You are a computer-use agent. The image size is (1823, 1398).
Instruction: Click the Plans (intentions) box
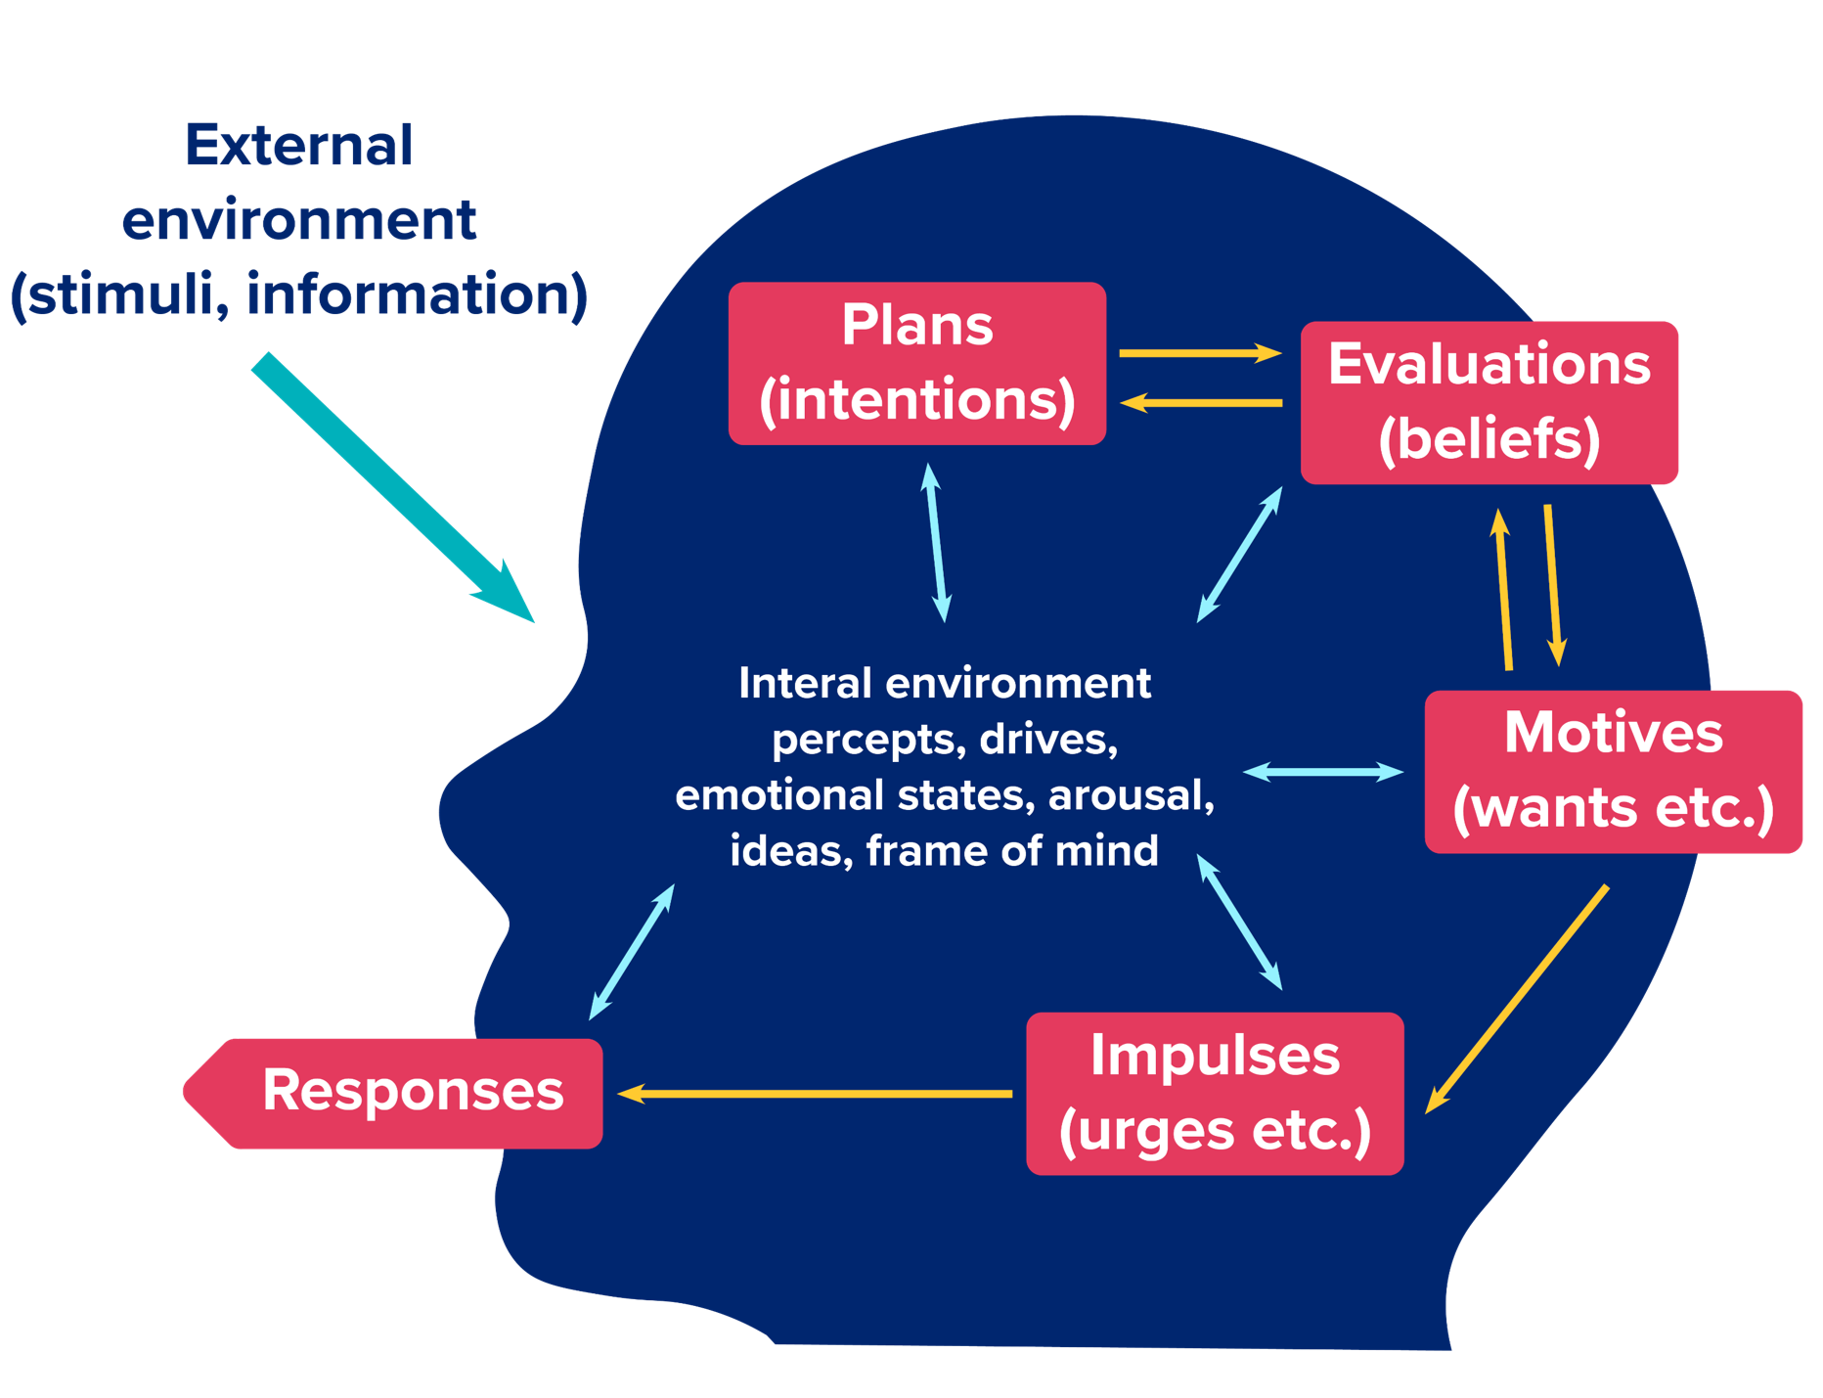click(x=916, y=363)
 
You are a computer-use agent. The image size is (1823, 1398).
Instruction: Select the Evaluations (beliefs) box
click(x=1489, y=402)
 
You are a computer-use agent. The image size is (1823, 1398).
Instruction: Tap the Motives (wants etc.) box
click(x=1613, y=771)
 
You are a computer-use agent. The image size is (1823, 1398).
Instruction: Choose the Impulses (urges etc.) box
click(x=1215, y=1093)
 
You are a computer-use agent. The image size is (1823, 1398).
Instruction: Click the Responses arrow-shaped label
click(x=401, y=1092)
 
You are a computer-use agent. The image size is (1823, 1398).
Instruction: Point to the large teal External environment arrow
click(x=391, y=486)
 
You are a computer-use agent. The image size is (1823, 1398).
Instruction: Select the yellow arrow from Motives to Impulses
click(x=1516, y=1000)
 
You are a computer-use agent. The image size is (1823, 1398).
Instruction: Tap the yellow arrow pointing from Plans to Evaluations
click(x=1200, y=353)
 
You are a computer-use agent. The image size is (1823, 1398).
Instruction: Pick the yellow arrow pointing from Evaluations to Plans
click(x=1200, y=402)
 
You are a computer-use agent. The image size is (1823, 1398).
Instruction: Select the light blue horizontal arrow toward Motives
click(x=1322, y=772)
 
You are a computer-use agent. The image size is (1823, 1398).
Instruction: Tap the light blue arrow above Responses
click(x=632, y=952)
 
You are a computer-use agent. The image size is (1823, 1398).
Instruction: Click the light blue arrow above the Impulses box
click(x=1239, y=923)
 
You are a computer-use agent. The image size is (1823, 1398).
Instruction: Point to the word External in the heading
click(x=298, y=146)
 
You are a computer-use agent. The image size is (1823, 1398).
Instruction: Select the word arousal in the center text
click(x=1131, y=794)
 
